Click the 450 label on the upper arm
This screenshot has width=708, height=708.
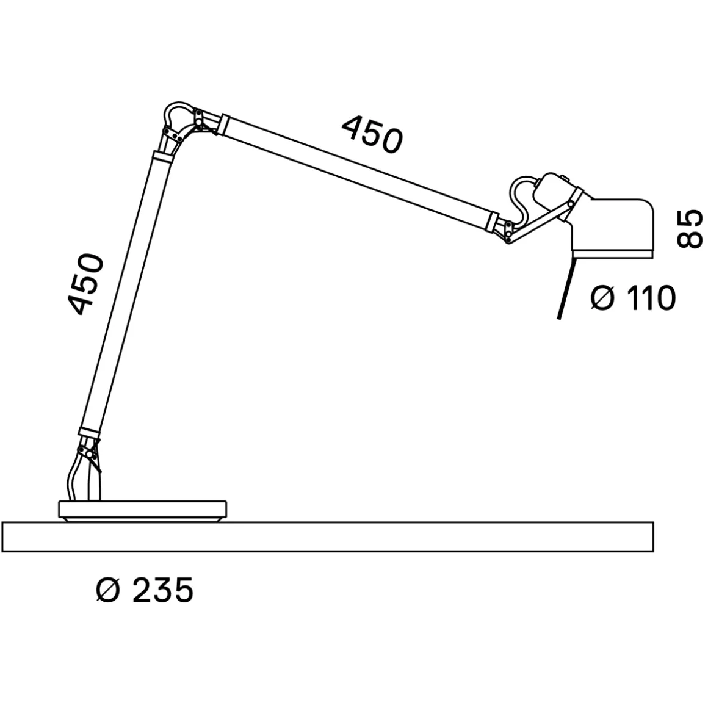coord(371,134)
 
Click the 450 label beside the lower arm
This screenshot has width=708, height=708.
coord(85,284)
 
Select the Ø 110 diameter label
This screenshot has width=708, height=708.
coord(633,298)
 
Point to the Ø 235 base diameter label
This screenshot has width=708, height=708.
coord(145,590)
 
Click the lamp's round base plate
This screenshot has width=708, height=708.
coord(143,511)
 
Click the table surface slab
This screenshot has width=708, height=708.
coord(328,537)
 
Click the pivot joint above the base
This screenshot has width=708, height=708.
coord(88,453)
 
